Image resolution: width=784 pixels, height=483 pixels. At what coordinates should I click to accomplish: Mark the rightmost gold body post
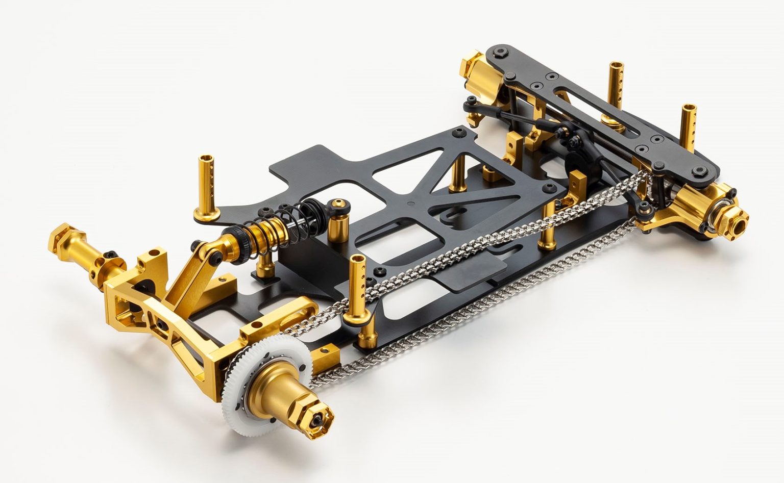click(689, 128)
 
